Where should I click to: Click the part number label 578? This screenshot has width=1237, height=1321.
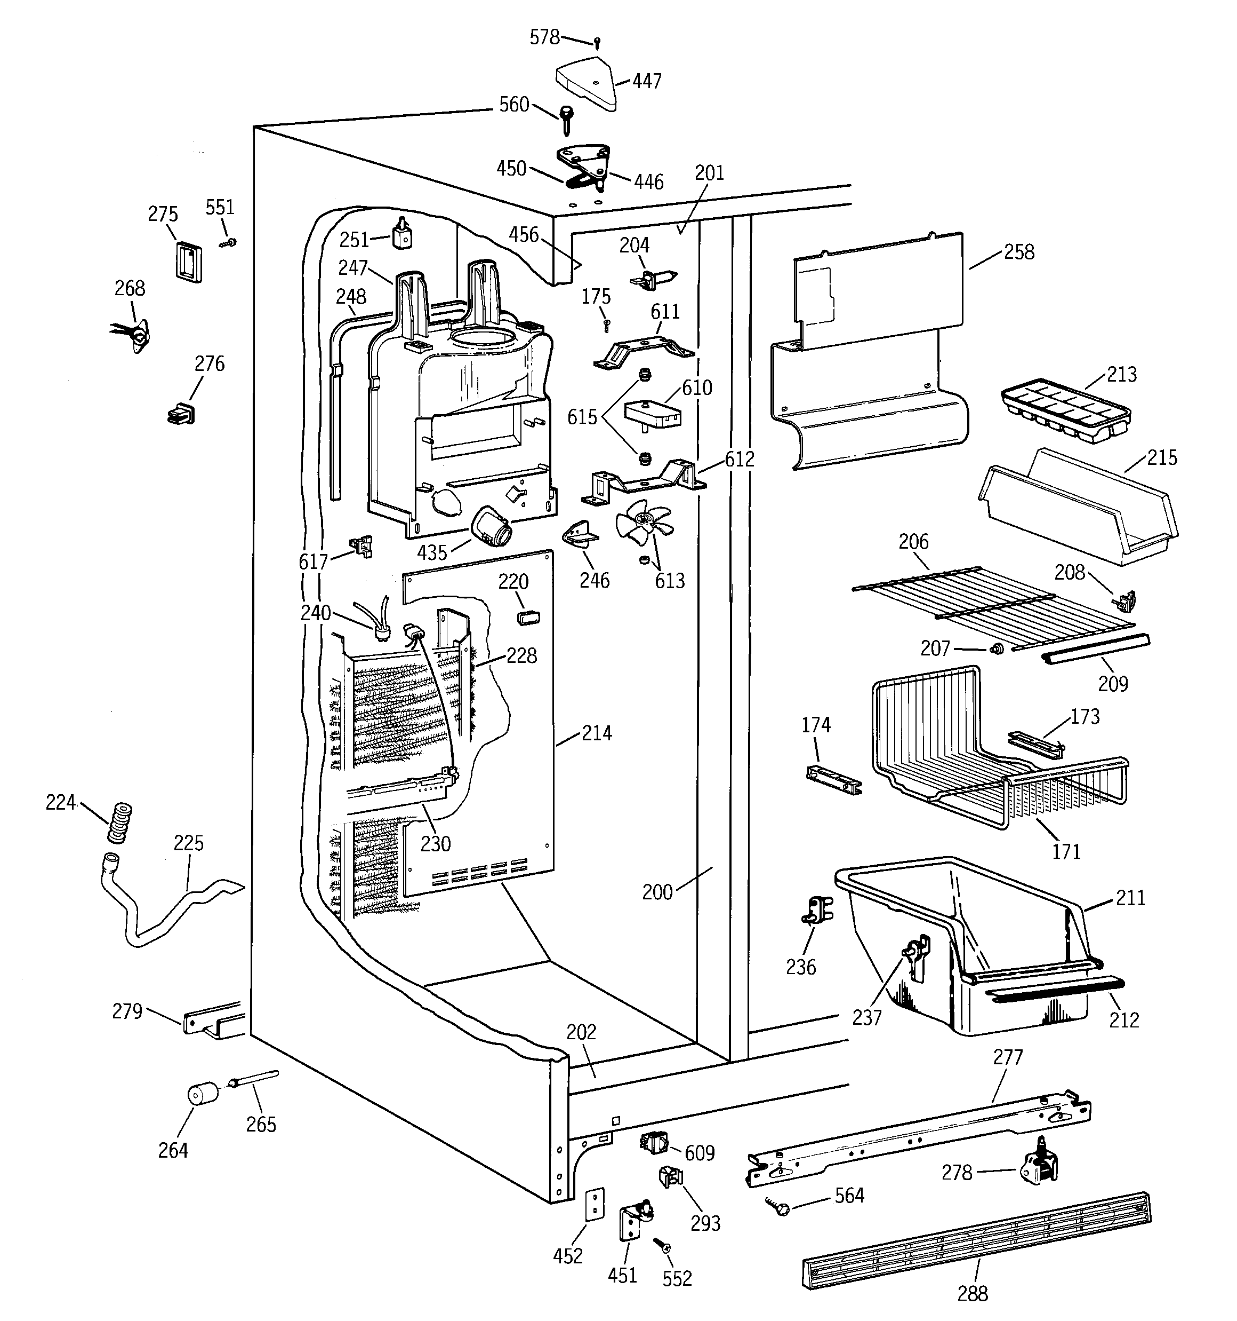click(544, 37)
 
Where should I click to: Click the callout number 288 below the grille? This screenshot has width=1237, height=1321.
click(972, 1293)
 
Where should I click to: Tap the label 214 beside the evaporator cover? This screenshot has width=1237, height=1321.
click(596, 733)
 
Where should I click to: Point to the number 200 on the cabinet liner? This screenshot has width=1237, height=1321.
click(657, 892)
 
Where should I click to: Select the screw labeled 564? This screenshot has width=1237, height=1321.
click(777, 1207)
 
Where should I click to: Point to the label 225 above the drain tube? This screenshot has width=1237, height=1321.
click(189, 843)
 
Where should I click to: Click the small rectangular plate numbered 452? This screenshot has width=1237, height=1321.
click(595, 1204)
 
